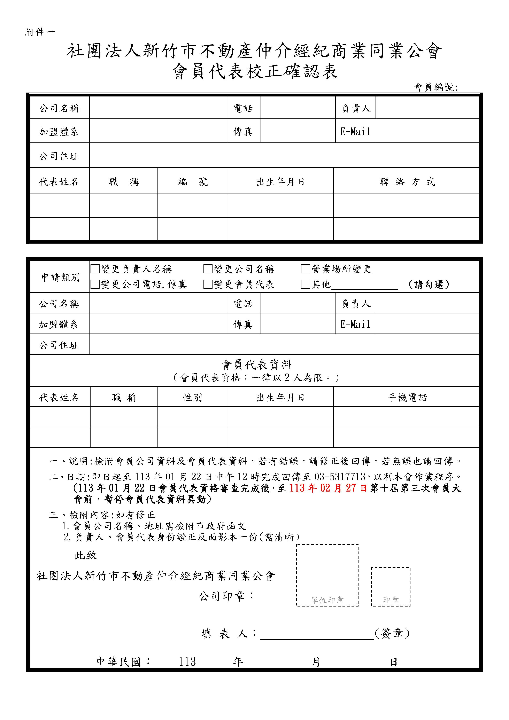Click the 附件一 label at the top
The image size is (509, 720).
(40, 32)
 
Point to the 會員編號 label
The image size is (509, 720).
(436, 87)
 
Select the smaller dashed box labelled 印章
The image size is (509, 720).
(391, 586)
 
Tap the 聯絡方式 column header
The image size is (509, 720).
(407, 182)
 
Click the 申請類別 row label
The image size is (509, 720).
(60, 277)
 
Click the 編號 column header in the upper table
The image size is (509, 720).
(193, 182)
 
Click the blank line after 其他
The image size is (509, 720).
(364, 285)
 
